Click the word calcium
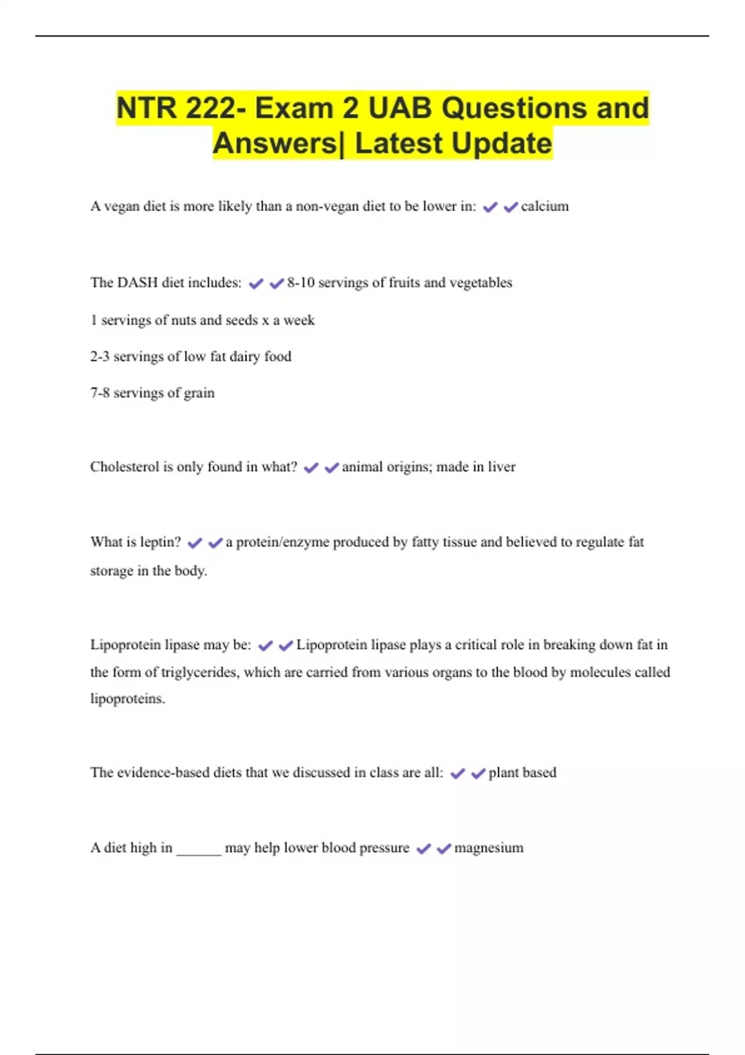click(544, 207)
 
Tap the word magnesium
click(489, 848)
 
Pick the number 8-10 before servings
click(300, 283)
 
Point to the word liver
click(501, 467)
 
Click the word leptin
click(160, 542)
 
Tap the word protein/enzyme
click(282, 542)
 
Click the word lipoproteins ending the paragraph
click(127, 699)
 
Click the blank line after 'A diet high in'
click(199, 851)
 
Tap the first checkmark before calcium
click(490, 207)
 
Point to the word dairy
click(245, 357)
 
